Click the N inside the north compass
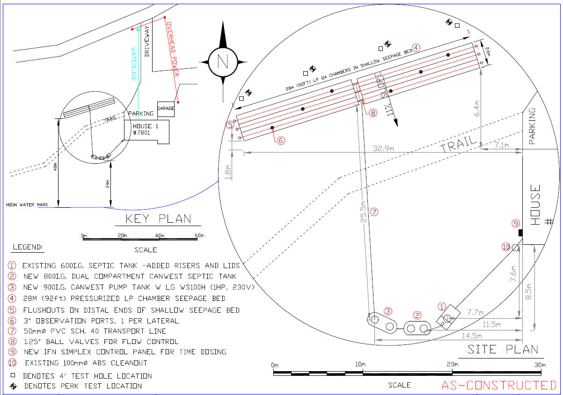coord(222,61)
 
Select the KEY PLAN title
coord(159,219)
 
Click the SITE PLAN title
coord(503,349)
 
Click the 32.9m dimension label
coord(383,148)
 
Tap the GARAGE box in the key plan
coord(166,109)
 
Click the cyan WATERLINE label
coord(134,64)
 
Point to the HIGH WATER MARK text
coord(27,205)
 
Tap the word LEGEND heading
coord(27,247)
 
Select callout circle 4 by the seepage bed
coord(416,47)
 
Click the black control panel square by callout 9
coord(519,233)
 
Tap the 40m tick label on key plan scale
coord(160,235)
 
